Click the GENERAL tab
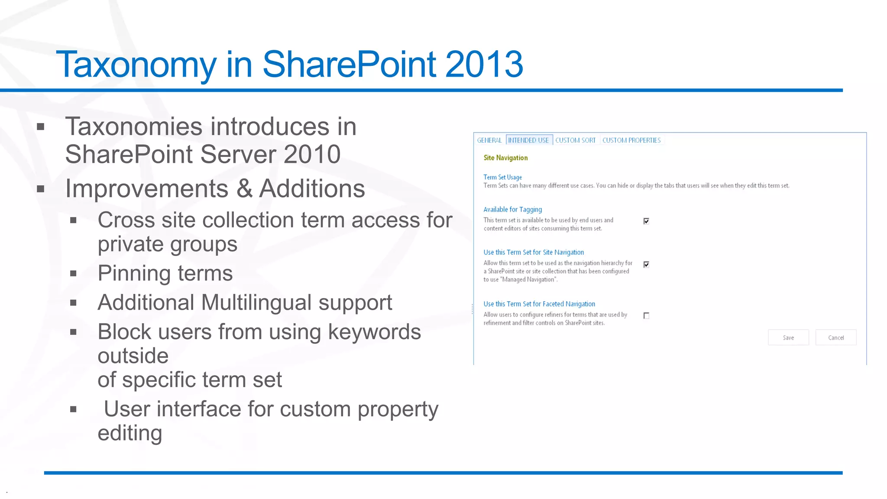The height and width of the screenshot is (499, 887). click(x=489, y=140)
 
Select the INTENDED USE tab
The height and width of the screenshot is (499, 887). click(x=528, y=140)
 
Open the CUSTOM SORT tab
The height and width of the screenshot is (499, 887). click(x=575, y=140)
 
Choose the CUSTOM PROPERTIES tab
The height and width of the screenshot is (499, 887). click(x=631, y=140)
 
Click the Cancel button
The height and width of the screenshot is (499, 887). click(x=835, y=338)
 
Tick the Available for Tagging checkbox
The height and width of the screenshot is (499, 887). click(x=646, y=221)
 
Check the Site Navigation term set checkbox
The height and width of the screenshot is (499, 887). click(x=646, y=265)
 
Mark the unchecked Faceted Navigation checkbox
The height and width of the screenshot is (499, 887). click(x=646, y=316)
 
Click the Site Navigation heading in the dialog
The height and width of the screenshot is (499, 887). click(x=505, y=158)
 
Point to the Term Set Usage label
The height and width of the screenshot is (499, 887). click(x=502, y=177)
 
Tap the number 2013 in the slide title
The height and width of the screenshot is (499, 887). click(x=484, y=65)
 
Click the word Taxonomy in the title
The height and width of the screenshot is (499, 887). click(x=136, y=65)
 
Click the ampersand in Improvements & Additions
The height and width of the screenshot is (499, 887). click(x=244, y=189)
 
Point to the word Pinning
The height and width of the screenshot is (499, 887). click(x=134, y=274)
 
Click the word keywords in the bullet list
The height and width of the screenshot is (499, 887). click(x=374, y=332)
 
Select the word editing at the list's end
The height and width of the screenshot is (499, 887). click(x=129, y=433)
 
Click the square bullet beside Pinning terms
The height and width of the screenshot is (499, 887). click(x=73, y=274)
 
